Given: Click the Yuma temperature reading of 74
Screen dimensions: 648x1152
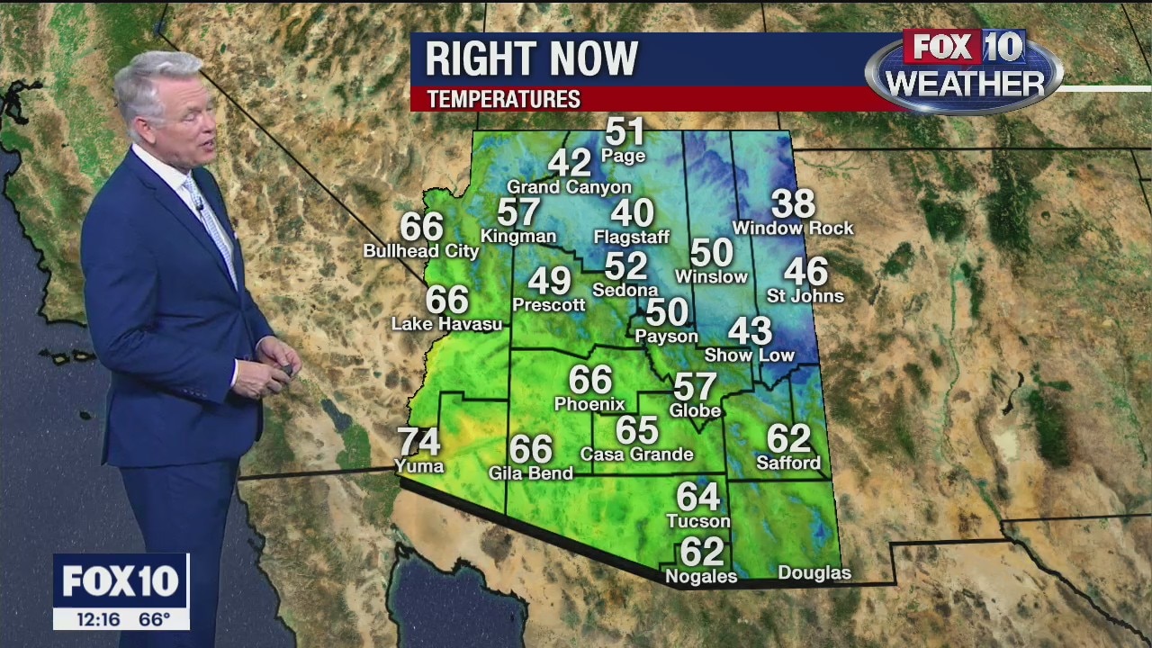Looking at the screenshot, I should pyautogui.click(x=418, y=442).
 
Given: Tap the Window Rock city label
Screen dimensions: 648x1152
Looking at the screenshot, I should pyautogui.click(x=793, y=229).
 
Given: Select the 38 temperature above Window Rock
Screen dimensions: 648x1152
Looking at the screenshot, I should pyautogui.click(x=793, y=204).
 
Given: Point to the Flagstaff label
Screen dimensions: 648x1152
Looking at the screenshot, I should pyautogui.click(x=632, y=238).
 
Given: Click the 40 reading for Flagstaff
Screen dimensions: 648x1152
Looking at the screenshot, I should pyautogui.click(x=632, y=213).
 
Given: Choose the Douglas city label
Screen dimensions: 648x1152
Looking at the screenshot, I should pyautogui.click(x=814, y=573).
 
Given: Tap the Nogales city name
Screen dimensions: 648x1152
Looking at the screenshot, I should pyautogui.click(x=700, y=577).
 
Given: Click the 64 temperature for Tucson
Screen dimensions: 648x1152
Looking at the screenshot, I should pyautogui.click(x=698, y=497).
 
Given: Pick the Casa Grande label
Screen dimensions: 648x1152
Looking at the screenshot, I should pyautogui.click(x=636, y=454).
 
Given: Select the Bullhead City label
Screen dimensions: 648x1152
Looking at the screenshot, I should pyautogui.click(x=421, y=251).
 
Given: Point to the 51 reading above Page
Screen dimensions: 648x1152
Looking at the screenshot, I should pyautogui.click(x=625, y=132).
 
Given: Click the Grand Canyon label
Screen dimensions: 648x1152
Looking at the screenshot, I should pyautogui.click(x=569, y=187).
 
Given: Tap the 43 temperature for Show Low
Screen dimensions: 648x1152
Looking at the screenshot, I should pyautogui.click(x=750, y=331).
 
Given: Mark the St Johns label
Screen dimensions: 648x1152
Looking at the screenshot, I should pyautogui.click(x=805, y=296).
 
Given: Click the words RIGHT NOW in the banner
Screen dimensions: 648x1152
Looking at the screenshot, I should pyautogui.click(x=531, y=59).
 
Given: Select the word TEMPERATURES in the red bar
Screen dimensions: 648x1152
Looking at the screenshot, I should pyautogui.click(x=503, y=99).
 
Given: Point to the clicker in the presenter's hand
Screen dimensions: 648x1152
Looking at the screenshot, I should pyautogui.click(x=287, y=370).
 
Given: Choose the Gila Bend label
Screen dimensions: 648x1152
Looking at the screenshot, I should pyautogui.click(x=530, y=473).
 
